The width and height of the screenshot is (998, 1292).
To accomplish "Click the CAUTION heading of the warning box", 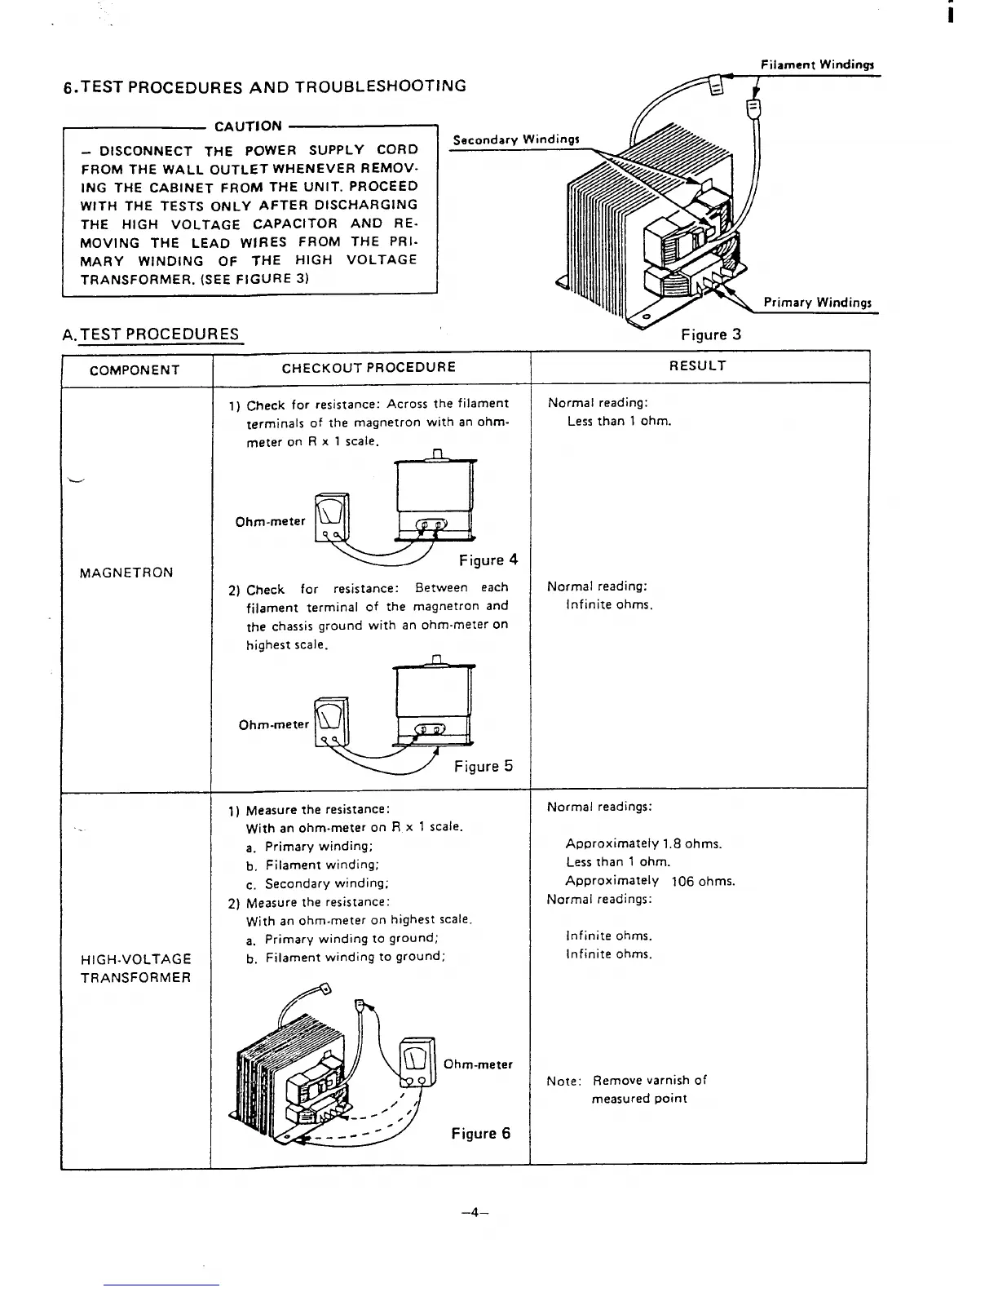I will coord(248,126).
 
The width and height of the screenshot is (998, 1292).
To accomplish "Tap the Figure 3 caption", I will coord(711,334).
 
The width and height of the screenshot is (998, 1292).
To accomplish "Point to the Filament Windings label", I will coord(816,64).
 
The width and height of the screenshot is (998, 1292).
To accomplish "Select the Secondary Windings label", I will coord(516,139).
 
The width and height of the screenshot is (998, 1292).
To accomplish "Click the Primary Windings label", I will coord(817,303).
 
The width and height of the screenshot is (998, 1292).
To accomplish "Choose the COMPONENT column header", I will coord(135,370).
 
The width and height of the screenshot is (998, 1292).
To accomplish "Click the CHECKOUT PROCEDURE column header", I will coord(369,367).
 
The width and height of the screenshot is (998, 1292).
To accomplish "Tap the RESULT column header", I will coord(697,365).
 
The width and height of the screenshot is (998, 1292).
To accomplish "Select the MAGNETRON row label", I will coord(126,573).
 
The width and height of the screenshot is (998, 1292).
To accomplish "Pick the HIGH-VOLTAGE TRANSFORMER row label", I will coord(136,968).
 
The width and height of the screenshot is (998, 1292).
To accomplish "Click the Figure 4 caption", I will coord(488,560).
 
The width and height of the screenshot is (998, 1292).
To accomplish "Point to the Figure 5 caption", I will coord(484,766).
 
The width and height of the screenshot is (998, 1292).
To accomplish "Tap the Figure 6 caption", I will coord(481,1134).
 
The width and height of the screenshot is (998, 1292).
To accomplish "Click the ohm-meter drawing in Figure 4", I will coord(333,515).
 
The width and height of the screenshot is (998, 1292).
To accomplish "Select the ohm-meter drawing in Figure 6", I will coord(417,1062).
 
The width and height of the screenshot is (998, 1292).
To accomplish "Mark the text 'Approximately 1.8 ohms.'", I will coord(643,844).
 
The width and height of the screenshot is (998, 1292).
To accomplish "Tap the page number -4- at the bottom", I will coord(474,1212).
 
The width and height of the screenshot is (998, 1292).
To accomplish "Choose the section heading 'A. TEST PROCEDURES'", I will coord(151,334).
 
